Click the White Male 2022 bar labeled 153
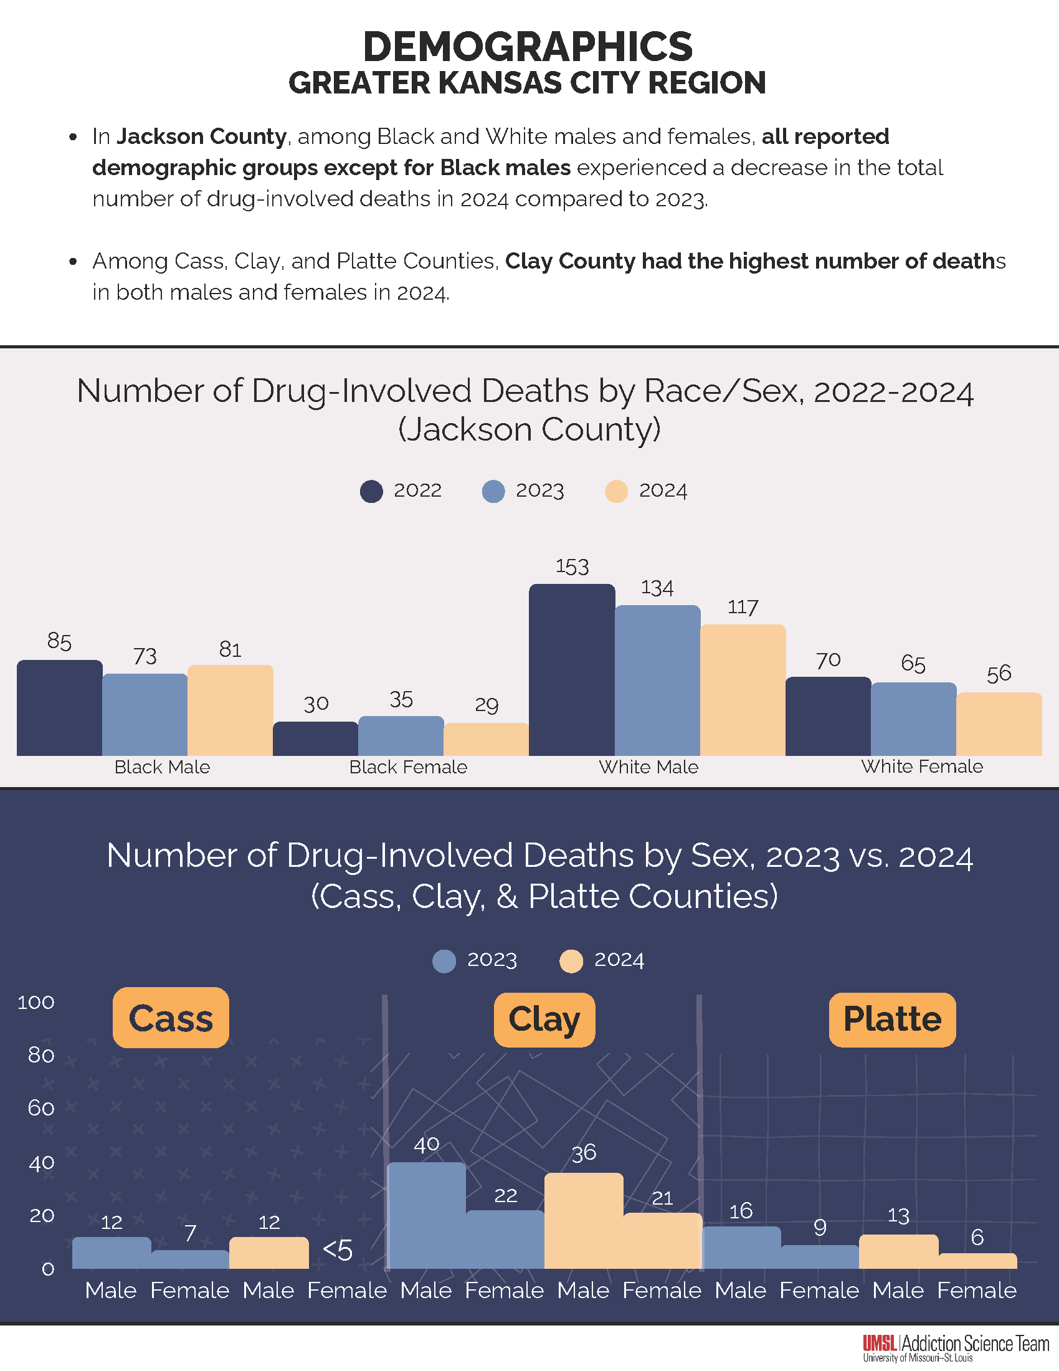571,669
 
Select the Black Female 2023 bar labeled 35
401,736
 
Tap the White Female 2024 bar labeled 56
999,724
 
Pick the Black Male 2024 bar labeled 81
230,710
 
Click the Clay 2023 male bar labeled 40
427,1215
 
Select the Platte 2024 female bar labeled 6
977,1261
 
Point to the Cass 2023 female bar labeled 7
190,1259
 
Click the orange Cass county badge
171,1018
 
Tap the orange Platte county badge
892,1020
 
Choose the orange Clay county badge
544,1020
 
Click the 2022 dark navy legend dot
371,492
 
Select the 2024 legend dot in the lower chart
571,961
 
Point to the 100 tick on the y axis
36,1003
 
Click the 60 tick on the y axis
40,1108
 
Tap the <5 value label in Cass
338,1250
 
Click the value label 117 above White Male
743,607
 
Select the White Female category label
921,766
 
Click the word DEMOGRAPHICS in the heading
528,47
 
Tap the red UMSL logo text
880,1343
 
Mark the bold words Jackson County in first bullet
202,136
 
